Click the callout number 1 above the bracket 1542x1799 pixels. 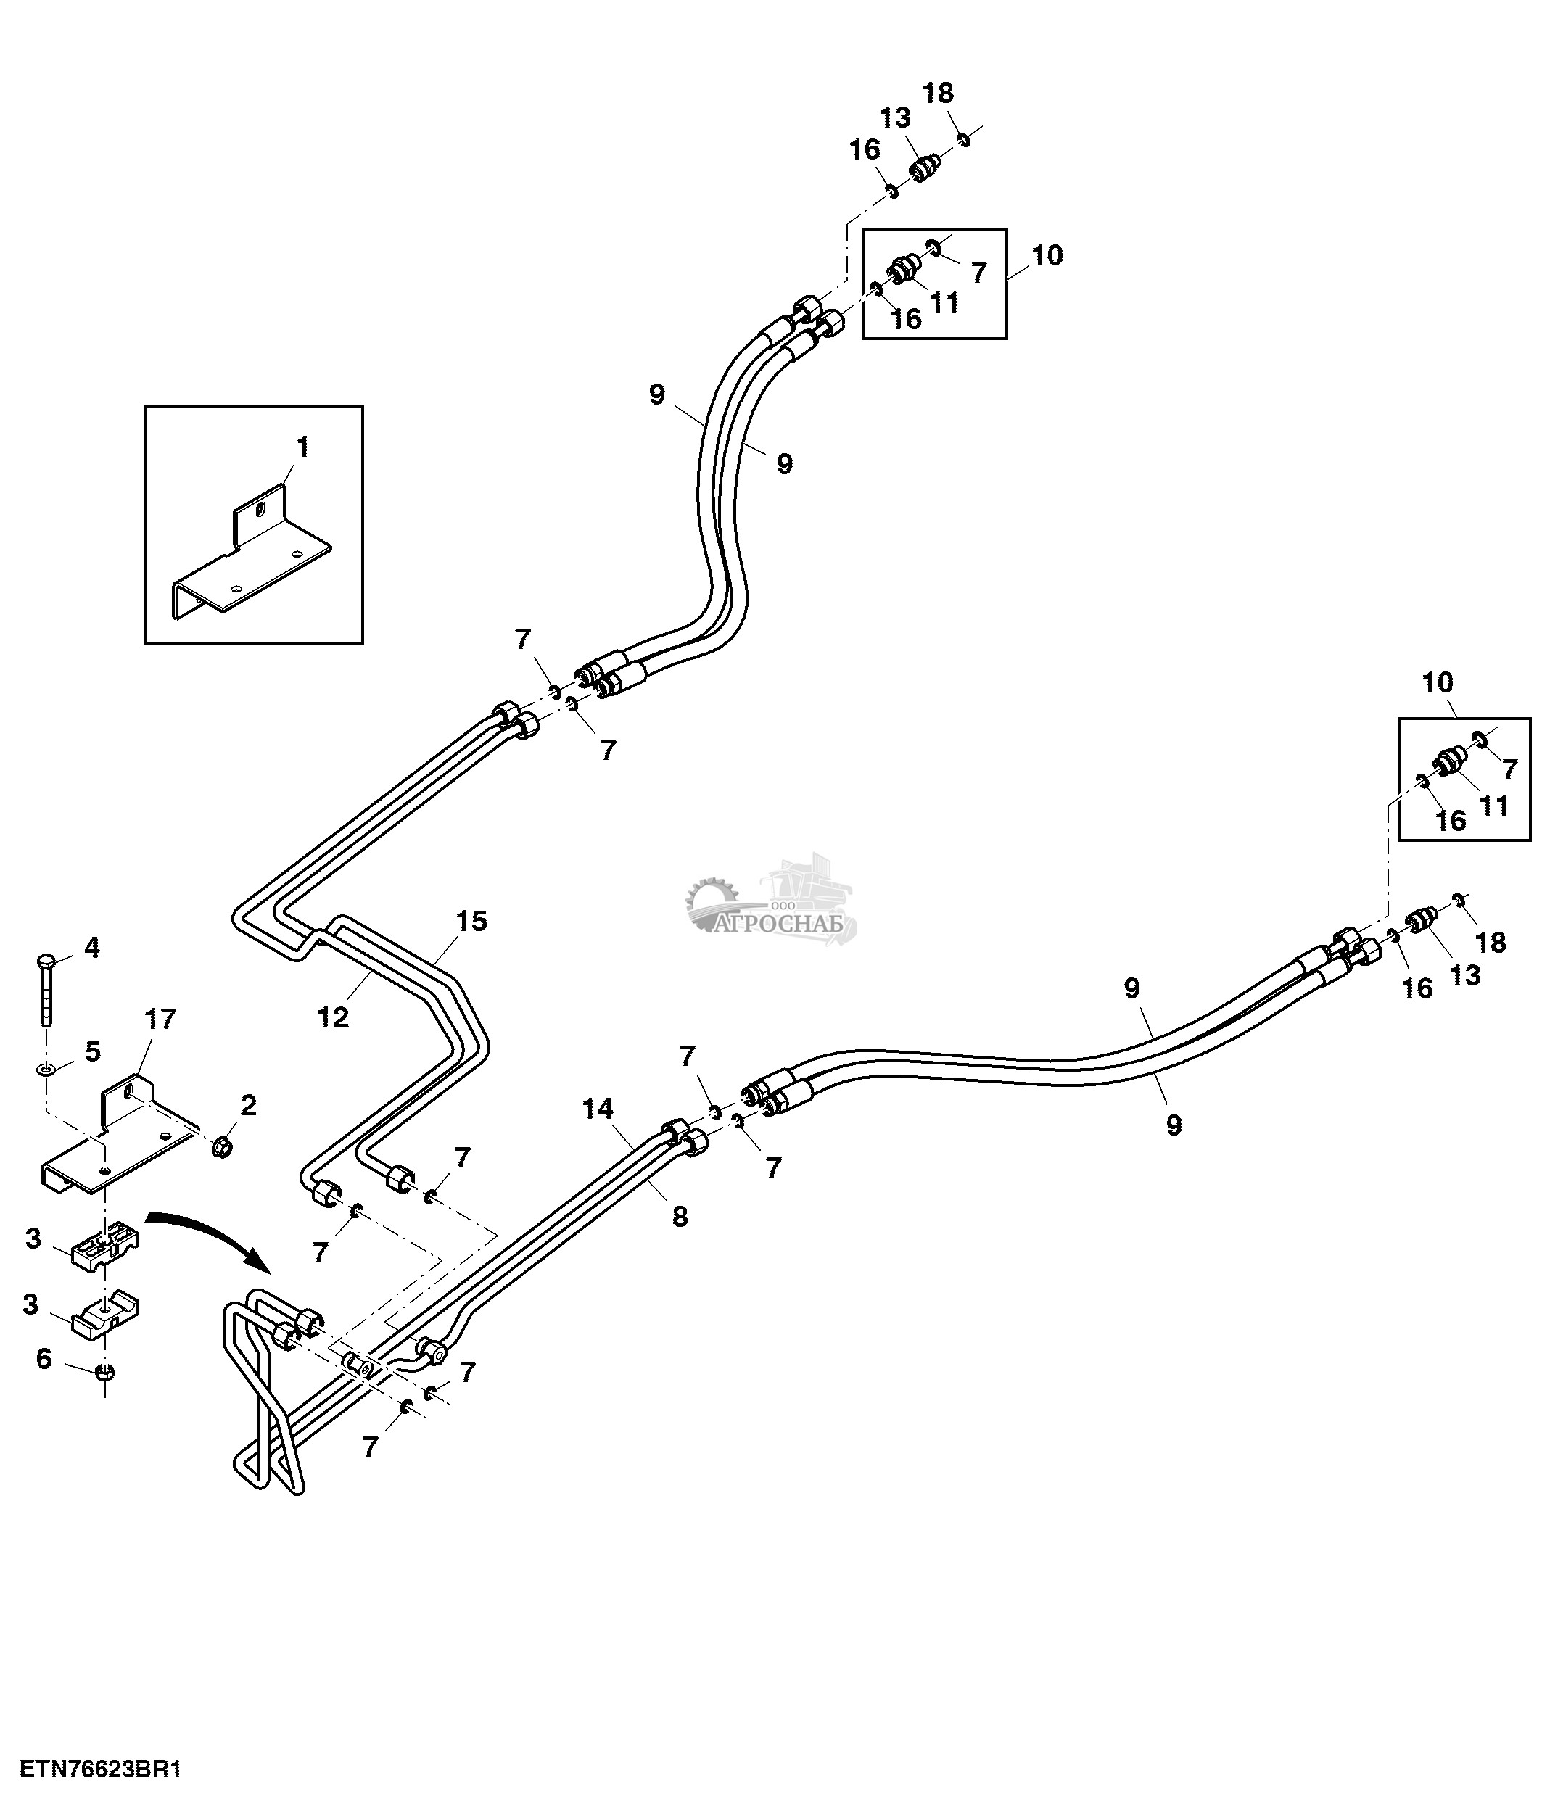(302, 448)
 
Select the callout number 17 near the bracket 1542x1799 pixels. (160, 1020)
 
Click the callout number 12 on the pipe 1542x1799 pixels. (332, 1017)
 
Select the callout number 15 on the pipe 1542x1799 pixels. (471, 921)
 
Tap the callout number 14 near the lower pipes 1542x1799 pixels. (598, 1109)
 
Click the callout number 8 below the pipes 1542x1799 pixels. (680, 1217)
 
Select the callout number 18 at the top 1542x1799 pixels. (938, 93)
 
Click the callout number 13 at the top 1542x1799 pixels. (895, 117)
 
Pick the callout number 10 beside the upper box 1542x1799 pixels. (1048, 255)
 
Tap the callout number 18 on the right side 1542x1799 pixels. (1491, 942)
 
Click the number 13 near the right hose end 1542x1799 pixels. (1464, 975)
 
